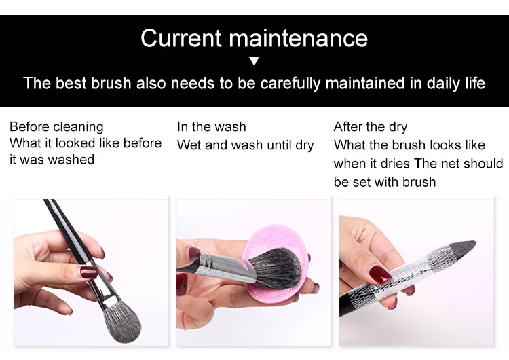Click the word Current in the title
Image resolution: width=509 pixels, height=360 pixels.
[x=181, y=38]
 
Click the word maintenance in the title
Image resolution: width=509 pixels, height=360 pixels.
[x=299, y=38]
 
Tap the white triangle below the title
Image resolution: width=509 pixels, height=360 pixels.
[x=254, y=61]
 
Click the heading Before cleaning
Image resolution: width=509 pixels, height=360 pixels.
[x=56, y=127]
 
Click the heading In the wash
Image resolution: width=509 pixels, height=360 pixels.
[x=212, y=127]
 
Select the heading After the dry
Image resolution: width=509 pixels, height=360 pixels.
[x=371, y=127]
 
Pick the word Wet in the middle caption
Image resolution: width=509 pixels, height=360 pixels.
[x=189, y=145]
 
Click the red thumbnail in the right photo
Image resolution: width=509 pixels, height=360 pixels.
[x=380, y=273]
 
